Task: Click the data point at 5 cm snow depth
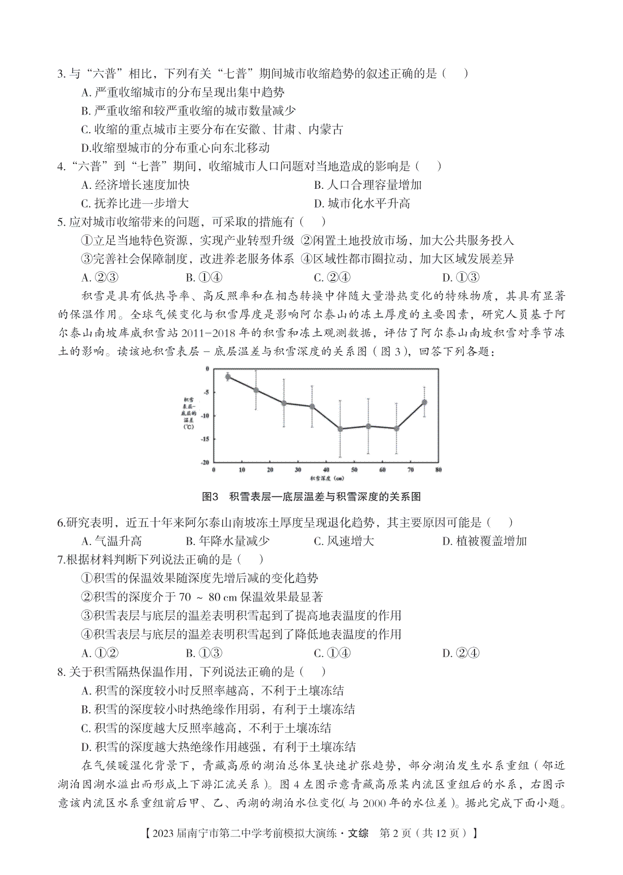[228, 377]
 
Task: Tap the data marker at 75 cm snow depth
[424, 402]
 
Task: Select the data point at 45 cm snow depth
[340, 429]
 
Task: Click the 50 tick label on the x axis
[354, 470]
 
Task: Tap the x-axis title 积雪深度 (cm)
[327, 478]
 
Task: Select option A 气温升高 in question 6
[112, 541]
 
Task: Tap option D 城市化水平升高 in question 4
[362, 203]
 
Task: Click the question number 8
[61, 672]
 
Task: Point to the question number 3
[61, 74]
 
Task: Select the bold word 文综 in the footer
[358, 834]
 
